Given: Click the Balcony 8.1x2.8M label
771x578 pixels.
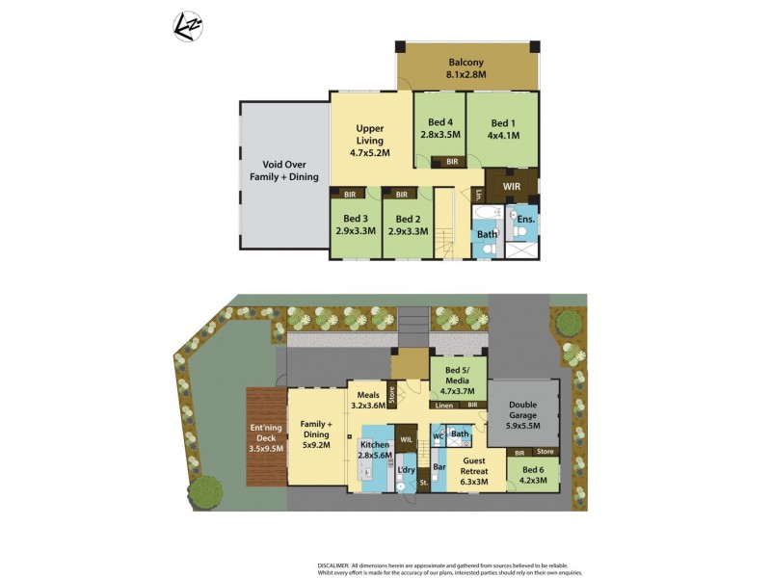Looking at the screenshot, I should click(x=465, y=67).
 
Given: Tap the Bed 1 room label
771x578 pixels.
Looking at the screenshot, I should click(x=503, y=129).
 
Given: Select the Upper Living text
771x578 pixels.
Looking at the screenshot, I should click(x=370, y=140).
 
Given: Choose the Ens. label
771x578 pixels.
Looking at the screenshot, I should click(x=525, y=219).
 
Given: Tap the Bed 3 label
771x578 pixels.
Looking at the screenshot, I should click(x=355, y=224).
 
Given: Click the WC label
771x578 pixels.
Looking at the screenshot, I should click(x=438, y=435).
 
